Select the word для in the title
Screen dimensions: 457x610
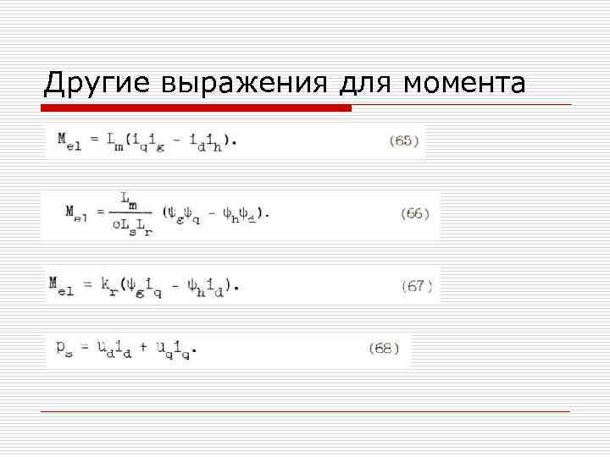368,83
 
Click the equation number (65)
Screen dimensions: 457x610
404,140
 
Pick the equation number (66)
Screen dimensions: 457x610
414,214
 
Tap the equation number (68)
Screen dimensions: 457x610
384,348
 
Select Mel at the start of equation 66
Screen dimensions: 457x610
78,213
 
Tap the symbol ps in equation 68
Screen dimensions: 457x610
64,349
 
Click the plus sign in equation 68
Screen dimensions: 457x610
143,348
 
